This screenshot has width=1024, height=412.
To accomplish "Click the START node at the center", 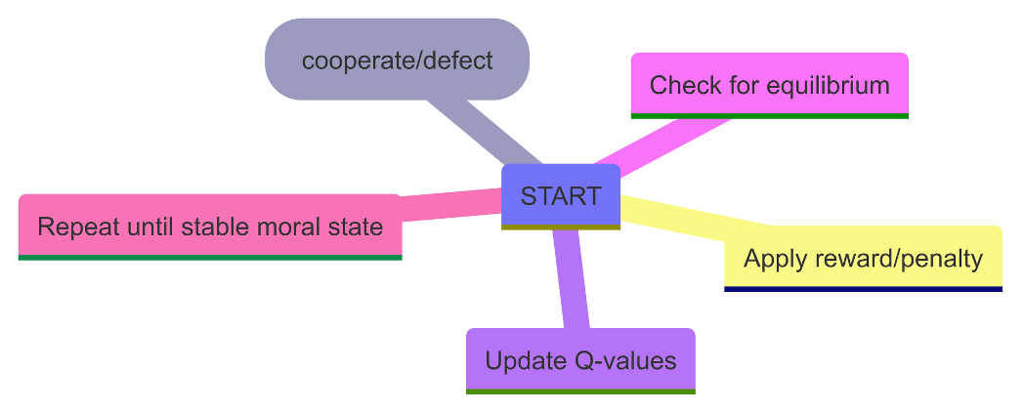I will click(x=561, y=195).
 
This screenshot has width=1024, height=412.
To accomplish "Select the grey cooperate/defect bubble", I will click(x=397, y=60).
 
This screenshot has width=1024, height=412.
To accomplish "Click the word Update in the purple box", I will click(x=523, y=360).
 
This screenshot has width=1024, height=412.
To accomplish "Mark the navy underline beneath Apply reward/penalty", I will click(x=863, y=288).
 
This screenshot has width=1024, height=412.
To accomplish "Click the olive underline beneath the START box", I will click(x=561, y=227).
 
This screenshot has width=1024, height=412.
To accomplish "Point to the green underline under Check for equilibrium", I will click(x=770, y=115).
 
